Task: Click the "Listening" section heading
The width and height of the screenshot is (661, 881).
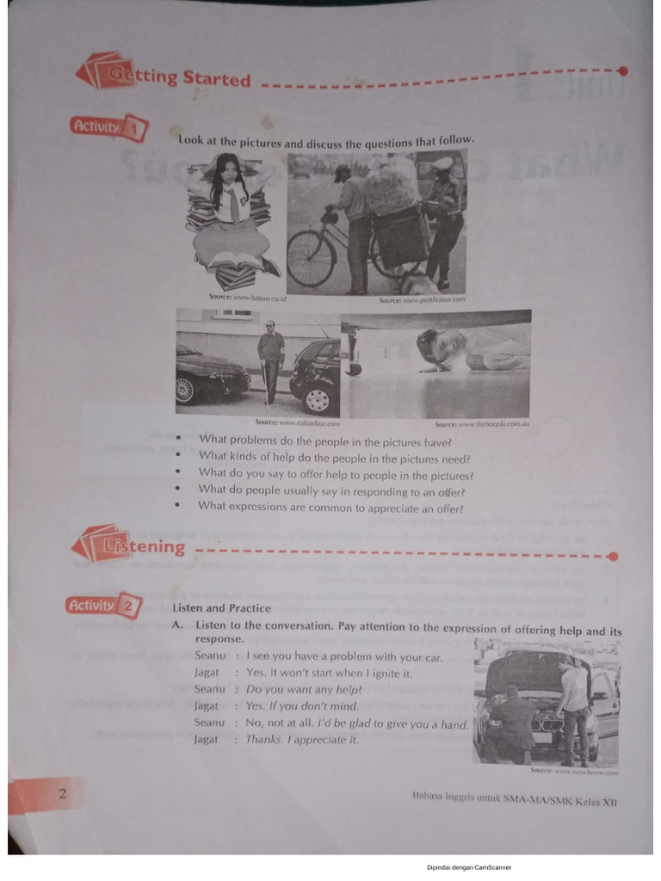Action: pos(143,546)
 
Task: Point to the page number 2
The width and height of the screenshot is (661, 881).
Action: pos(62,793)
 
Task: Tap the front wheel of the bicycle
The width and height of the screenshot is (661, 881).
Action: pos(311,257)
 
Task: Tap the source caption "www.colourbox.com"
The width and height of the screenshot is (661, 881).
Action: pos(297,422)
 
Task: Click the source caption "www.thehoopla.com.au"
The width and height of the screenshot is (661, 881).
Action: pos(482,423)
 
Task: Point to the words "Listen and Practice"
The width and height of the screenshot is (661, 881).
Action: pos(221,607)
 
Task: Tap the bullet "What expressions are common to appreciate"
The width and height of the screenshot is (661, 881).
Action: pos(331,506)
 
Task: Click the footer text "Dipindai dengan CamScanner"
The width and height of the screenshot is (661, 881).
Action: pos(468,867)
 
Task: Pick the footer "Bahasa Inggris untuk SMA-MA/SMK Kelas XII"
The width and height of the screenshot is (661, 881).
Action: pos(515,801)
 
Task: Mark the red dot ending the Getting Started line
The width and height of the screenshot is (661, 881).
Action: pos(622,71)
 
